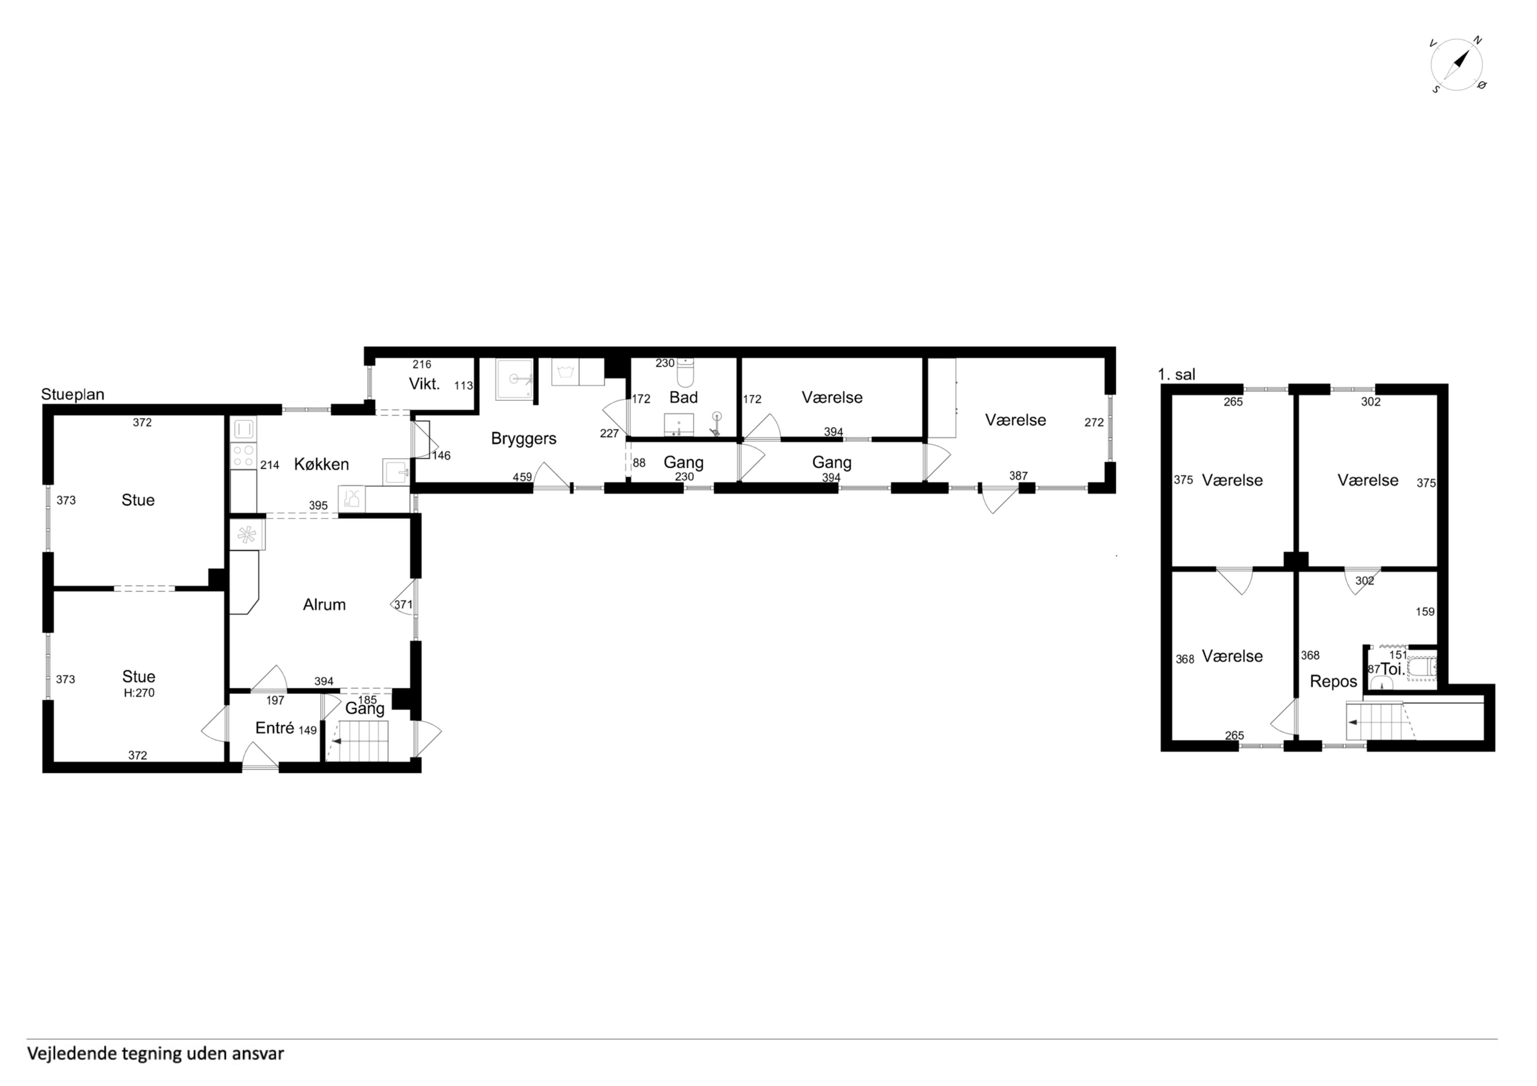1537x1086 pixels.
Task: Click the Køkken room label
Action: (321, 464)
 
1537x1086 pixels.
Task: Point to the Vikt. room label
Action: (424, 384)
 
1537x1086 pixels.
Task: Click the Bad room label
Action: (683, 398)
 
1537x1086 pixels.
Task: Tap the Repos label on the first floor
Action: (1333, 682)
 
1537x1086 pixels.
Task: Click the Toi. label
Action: (1392, 669)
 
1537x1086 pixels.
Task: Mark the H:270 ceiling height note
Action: (139, 693)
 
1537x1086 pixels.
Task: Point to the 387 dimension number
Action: (1018, 476)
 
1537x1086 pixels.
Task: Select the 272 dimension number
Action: (1094, 422)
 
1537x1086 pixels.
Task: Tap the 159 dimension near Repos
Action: (1425, 611)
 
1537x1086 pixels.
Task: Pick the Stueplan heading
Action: (73, 395)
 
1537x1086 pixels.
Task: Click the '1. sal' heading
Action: (1176, 375)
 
